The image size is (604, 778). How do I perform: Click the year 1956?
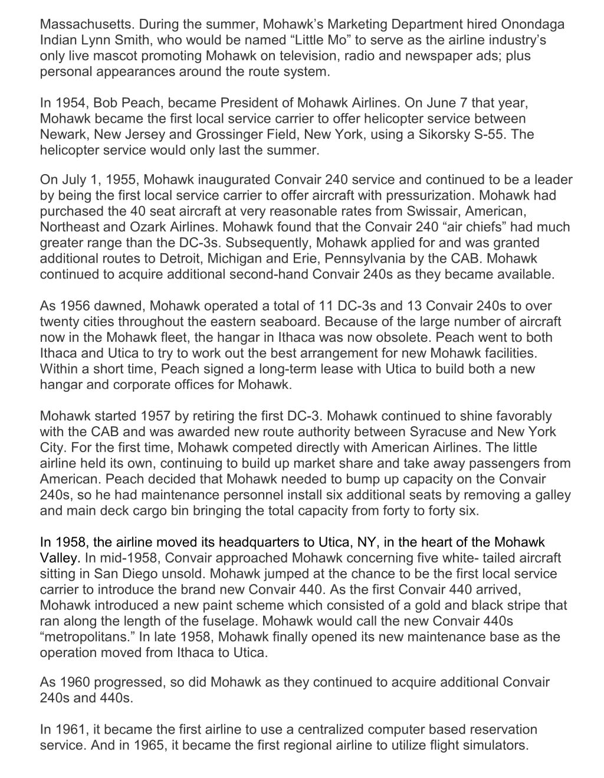point(74,306)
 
